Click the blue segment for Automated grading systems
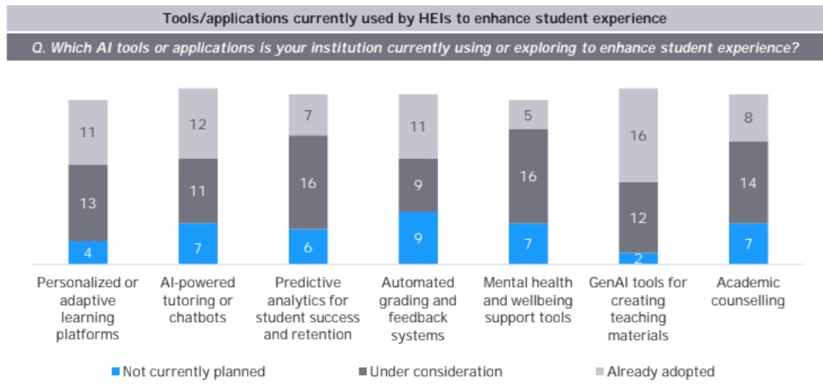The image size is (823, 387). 418,237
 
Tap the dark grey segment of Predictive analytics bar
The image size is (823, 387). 308,182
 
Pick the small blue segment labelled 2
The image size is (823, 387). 638,258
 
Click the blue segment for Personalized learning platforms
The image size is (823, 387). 88,252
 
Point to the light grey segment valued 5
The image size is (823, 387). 528,114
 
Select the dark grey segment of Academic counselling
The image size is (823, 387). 748,182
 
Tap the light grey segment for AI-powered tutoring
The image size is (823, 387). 198,124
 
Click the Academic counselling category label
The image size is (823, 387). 748,290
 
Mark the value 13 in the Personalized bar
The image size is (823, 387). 88,203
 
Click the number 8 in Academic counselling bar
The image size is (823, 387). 748,117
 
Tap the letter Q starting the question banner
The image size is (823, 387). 31,47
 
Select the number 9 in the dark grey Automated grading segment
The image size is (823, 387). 418,185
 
